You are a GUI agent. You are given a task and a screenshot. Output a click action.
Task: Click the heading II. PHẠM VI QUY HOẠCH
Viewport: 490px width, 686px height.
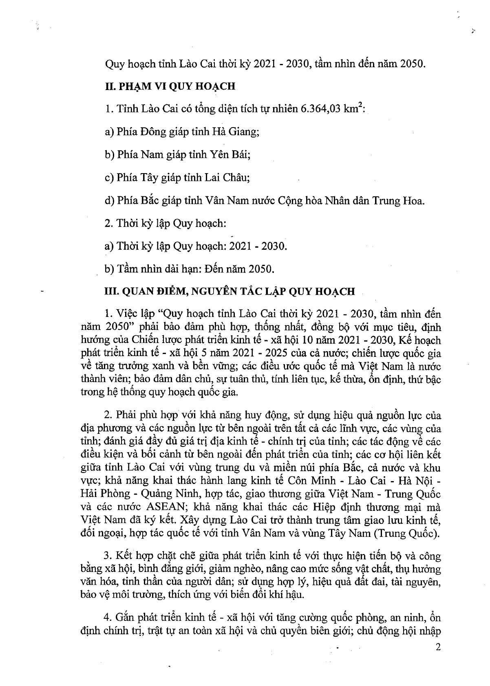[170, 86]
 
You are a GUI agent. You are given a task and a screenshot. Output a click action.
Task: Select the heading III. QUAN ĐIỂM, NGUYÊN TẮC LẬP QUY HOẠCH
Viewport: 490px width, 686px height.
[230, 292]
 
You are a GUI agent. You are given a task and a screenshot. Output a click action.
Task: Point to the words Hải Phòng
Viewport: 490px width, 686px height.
[104, 494]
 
